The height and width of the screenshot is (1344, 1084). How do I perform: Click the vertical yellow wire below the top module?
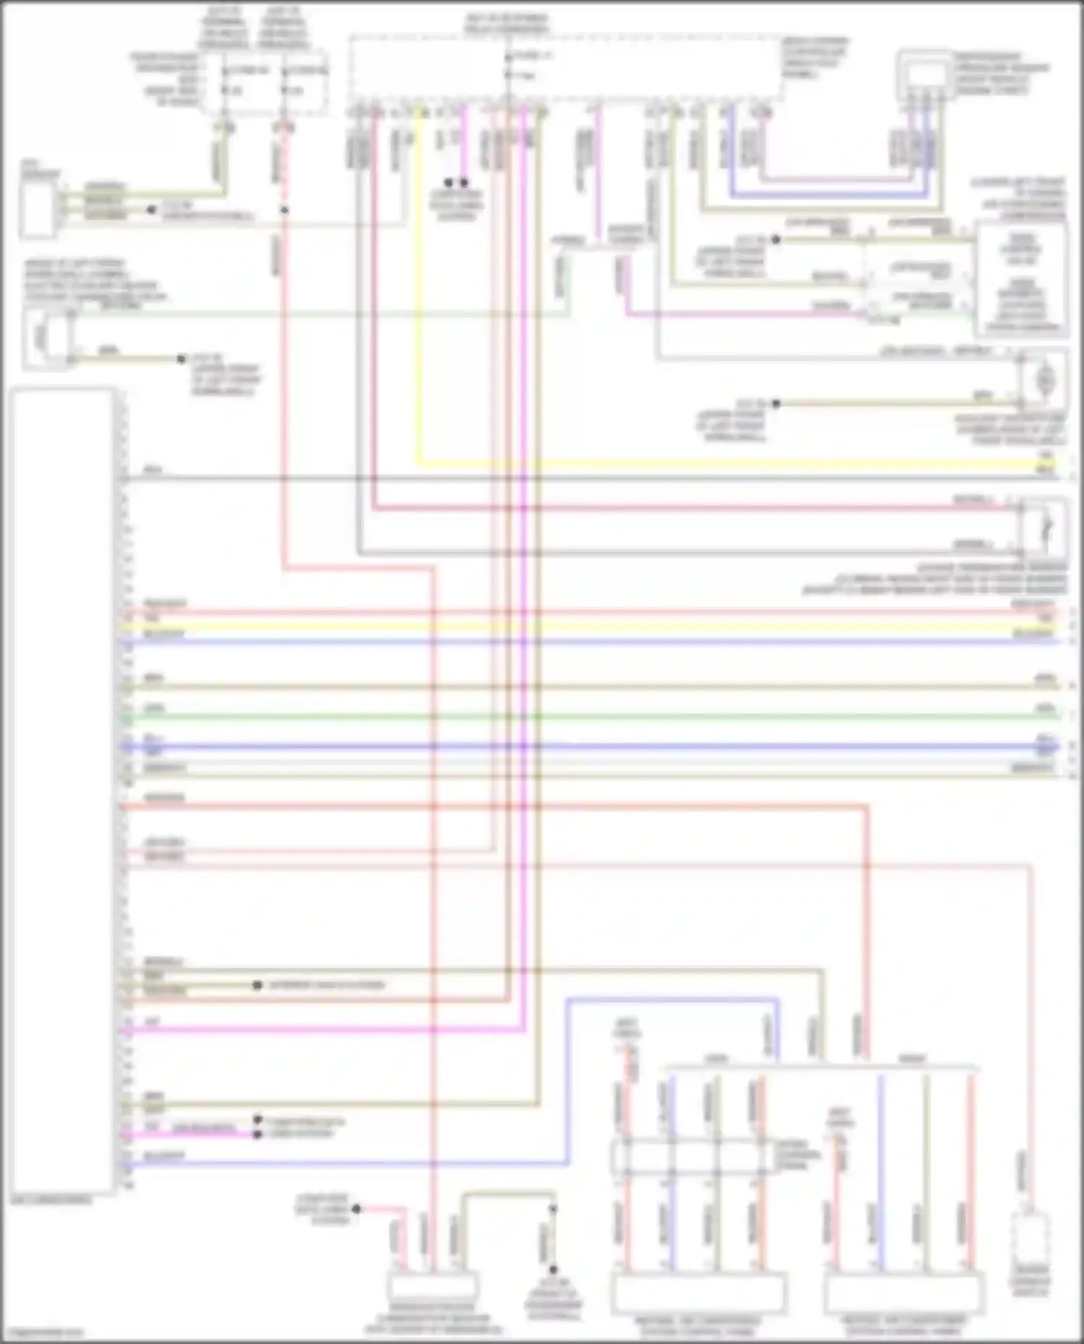(x=418, y=289)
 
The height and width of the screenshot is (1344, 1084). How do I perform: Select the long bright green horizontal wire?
(x=578, y=716)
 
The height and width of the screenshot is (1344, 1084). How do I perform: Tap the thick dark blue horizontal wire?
(x=578, y=747)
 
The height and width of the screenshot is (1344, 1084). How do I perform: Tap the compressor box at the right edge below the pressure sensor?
(x=1020, y=280)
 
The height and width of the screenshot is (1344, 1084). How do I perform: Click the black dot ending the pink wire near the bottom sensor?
(x=356, y=1208)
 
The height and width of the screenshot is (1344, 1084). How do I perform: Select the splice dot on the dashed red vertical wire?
(x=285, y=210)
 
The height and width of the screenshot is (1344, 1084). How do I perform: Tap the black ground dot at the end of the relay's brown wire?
(x=181, y=359)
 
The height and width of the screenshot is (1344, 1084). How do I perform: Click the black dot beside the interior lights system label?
(x=257, y=985)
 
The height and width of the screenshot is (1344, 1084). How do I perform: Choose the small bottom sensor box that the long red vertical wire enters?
(x=432, y=1286)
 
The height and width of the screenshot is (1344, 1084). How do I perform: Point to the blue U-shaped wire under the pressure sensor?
(x=831, y=195)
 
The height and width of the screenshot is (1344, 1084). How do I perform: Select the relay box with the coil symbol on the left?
(x=47, y=338)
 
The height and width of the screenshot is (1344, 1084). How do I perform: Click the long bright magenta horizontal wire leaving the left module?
(x=325, y=1029)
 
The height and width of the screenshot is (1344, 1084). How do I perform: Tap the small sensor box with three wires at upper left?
(x=38, y=209)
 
